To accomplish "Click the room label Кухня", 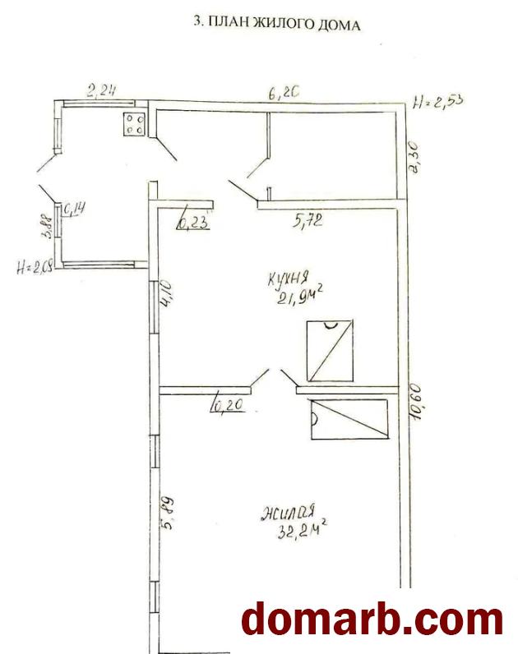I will pyautogui.click(x=288, y=277).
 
